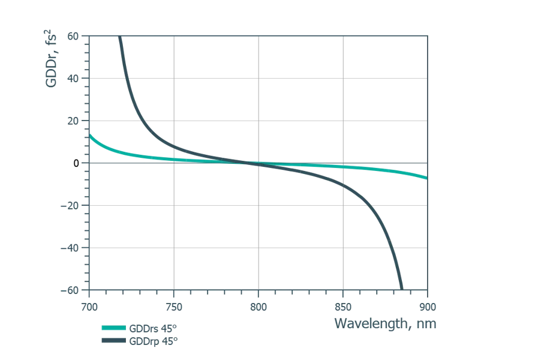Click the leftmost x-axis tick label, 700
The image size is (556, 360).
[89, 307]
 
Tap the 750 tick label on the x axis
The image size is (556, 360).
[174, 307]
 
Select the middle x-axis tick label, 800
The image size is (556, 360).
[258, 307]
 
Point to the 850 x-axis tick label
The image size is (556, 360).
[342, 307]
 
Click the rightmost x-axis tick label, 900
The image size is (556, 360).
[426, 307]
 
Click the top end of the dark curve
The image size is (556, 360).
[121, 38]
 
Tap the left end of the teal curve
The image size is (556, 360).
[90, 136]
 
